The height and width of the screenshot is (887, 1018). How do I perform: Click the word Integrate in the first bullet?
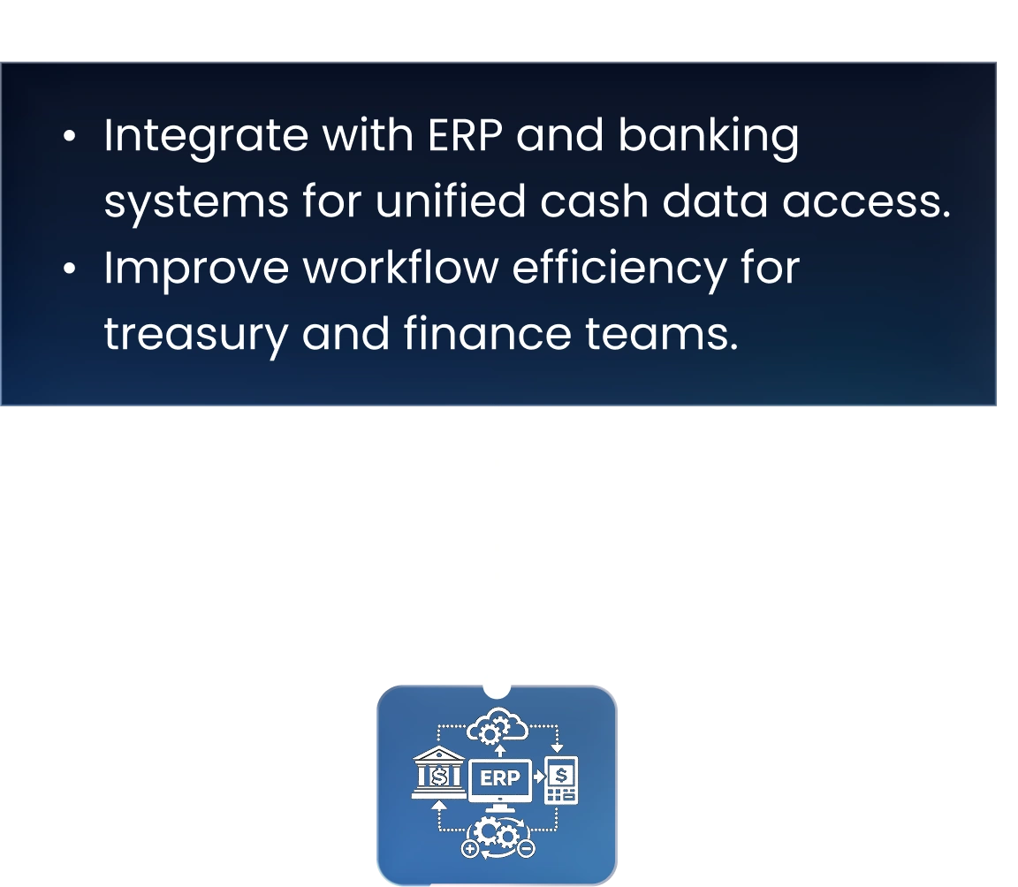click(x=206, y=138)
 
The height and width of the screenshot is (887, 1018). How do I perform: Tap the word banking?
click(x=709, y=137)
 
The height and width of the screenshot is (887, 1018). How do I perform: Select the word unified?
click(x=451, y=201)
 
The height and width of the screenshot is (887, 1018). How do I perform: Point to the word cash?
click(x=594, y=201)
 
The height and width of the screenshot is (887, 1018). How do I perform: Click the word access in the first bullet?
click(x=866, y=202)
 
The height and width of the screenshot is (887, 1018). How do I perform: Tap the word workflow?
click(x=400, y=267)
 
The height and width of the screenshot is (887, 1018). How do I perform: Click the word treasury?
click(x=195, y=336)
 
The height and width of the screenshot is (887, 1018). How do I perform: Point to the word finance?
click(x=488, y=333)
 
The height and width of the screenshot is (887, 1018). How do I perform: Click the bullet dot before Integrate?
click(x=70, y=136)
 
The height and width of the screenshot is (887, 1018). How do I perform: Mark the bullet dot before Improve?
click(x=70, y=269)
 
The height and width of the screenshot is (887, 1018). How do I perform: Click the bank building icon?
click(x=439, y=772)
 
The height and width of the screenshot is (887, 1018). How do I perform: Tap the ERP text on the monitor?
click(x=499, y=777)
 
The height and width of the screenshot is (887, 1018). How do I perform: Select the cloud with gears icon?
click(x=498, y=726)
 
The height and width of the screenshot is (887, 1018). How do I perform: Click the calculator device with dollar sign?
click(x=562, y=780)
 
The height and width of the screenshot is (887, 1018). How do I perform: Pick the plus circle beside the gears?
click(x=470, y=848)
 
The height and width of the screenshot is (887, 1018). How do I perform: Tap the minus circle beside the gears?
click(x=527, y=848)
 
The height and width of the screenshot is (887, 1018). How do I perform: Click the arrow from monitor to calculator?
click(x=539, y=776)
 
